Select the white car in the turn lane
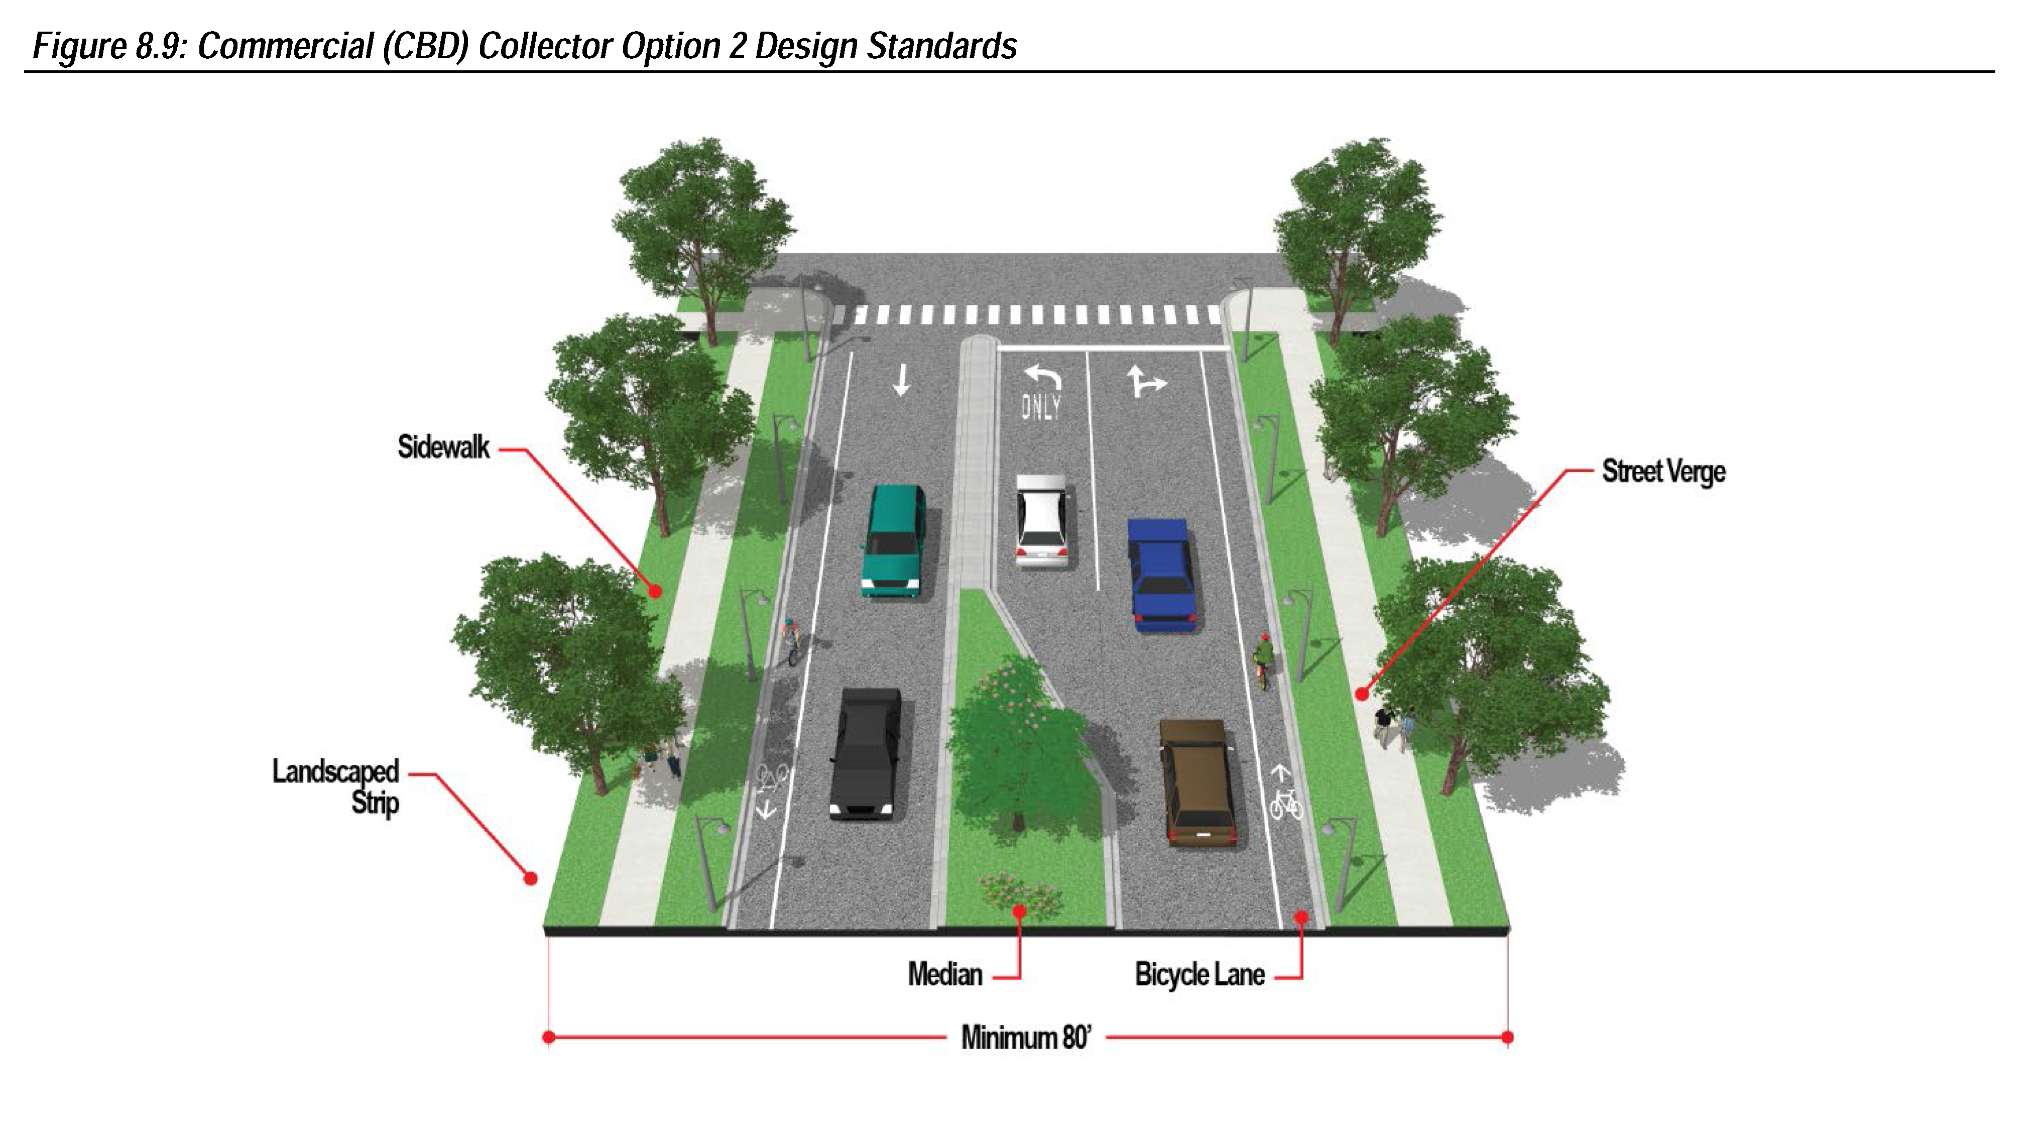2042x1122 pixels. [1042, 520]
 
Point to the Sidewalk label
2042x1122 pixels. [443, 447]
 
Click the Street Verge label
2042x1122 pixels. [1663, 472]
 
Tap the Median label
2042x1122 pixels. [945, 974]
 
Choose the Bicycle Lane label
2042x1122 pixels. [1199, 974]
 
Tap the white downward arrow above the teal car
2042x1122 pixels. [901, 380]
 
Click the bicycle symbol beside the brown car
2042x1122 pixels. [1285, 803]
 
